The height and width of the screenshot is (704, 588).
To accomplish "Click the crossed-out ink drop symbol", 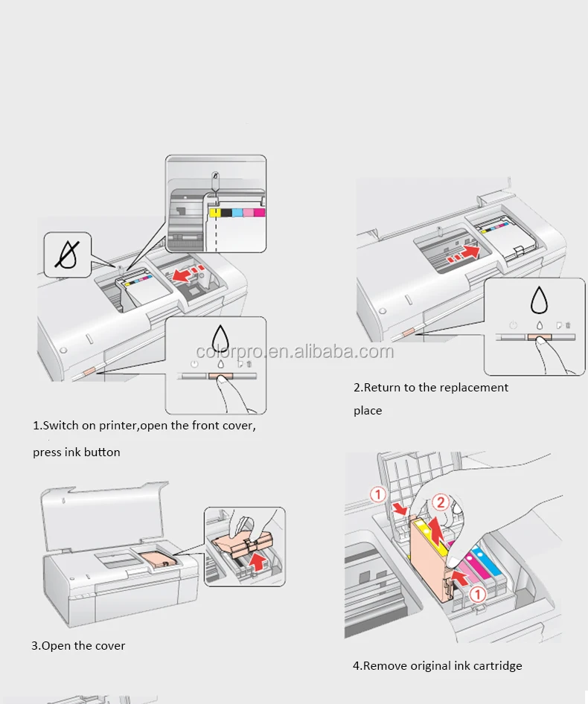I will (x=67, y=255).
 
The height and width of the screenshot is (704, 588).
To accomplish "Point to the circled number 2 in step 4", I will (x=441, y=503).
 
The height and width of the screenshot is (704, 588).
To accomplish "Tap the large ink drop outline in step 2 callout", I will (x=537, y=301).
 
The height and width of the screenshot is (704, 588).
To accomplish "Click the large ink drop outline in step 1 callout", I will (x=220, y=340).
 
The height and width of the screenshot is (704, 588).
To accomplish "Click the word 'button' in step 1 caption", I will (x=102, y=452).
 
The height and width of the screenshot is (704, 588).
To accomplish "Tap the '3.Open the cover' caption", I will (x=78, y=645).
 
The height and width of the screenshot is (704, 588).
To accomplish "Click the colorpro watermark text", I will (x=294, y=352).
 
